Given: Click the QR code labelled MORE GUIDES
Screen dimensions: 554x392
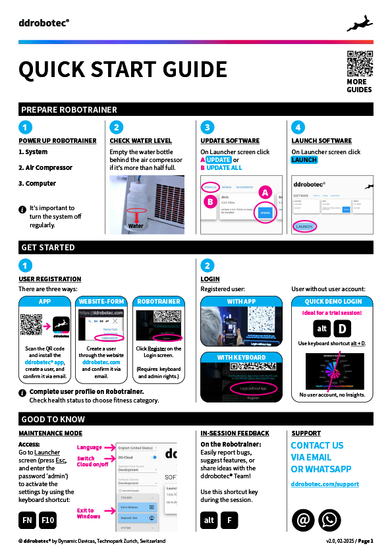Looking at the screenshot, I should tap(360, 64).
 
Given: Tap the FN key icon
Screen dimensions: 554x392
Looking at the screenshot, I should tap(27, 520).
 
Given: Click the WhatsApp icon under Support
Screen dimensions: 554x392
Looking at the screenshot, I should tap(329, 520).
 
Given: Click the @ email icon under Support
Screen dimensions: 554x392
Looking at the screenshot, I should tap(303, 520).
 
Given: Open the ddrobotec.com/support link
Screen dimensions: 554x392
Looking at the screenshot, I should tap(325, 484).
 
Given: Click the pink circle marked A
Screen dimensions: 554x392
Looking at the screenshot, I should tap(265, 192).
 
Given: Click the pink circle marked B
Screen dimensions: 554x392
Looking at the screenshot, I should tap(210, 202).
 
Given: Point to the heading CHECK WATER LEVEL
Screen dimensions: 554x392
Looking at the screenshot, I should tap(140, 141).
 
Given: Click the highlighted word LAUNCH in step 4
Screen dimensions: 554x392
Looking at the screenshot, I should tap(304, 160).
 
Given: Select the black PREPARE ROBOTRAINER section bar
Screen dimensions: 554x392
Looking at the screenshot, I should tap(196, 109).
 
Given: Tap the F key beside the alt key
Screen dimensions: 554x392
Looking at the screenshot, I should tap(229, 520).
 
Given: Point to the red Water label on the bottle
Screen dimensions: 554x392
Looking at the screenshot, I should tap(136, 225).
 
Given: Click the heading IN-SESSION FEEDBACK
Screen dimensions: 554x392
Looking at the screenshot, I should tap(235, 433).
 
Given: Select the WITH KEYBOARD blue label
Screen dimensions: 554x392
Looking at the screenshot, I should tap(241, 358).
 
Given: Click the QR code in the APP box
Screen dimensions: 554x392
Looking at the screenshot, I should tap(31, 325).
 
